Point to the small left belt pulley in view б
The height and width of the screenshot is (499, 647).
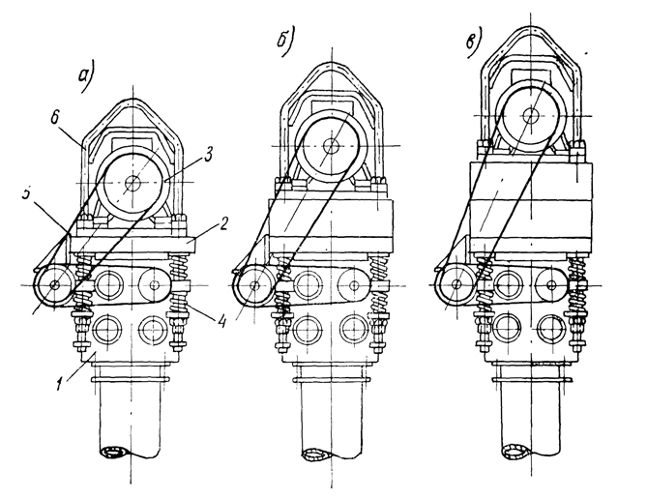pyautogui.click(x=252, y=284)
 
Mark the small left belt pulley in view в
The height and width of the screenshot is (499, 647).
pyautogui.click(x=454, y=284)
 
